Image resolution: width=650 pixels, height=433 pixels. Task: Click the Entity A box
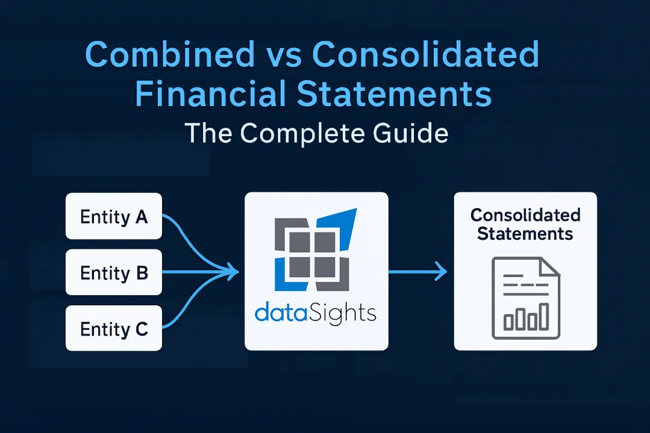[x=113, y=216]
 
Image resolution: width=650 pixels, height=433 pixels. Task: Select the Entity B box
[x=113, y=272]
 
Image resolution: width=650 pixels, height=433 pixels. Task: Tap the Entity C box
[x=113, y=328]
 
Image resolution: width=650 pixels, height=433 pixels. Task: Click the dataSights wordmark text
[x=315, y=313]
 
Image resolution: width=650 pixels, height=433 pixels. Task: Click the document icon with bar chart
[x=525, y=298]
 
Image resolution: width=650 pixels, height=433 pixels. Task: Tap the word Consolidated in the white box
[x=525, y=216]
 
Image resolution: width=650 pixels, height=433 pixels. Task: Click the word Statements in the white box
[x=525, y=233]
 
